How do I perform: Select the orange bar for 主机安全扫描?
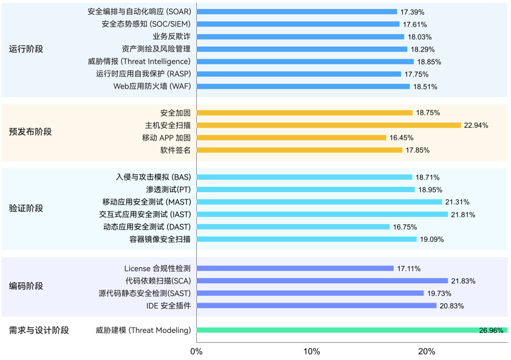(328, 125)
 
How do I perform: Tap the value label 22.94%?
(476, 125)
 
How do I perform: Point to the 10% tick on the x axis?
(311, 351)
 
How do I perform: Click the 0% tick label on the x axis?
(196, 351)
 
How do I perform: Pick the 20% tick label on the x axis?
(426, 351)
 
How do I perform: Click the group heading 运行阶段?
(26, 49)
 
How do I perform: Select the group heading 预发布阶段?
(30, 132)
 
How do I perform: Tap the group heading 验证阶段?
(26, 208)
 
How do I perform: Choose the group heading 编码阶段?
(26, 286)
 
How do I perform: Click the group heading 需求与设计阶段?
(39, 330)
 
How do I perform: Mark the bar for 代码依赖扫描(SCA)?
(322, 281)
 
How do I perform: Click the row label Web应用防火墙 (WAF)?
(152, 87)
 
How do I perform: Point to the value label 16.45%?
(401, 138)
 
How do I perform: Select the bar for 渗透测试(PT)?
(305, 190)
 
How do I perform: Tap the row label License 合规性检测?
(157, 269)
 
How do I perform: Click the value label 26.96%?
(491, 331)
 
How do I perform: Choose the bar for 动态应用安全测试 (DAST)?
(293, 227)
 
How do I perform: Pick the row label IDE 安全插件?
(168, 306)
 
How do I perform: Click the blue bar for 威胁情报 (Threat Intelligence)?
(305, 61)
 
